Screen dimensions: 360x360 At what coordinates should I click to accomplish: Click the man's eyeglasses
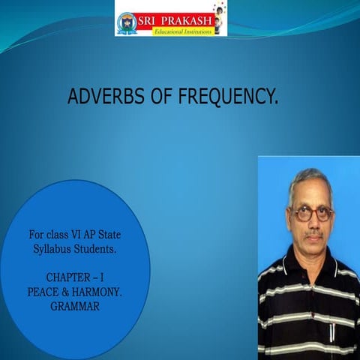(310, 213)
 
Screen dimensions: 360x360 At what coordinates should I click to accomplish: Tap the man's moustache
(313, 235)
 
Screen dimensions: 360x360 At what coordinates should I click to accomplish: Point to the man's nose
(313, 223)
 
